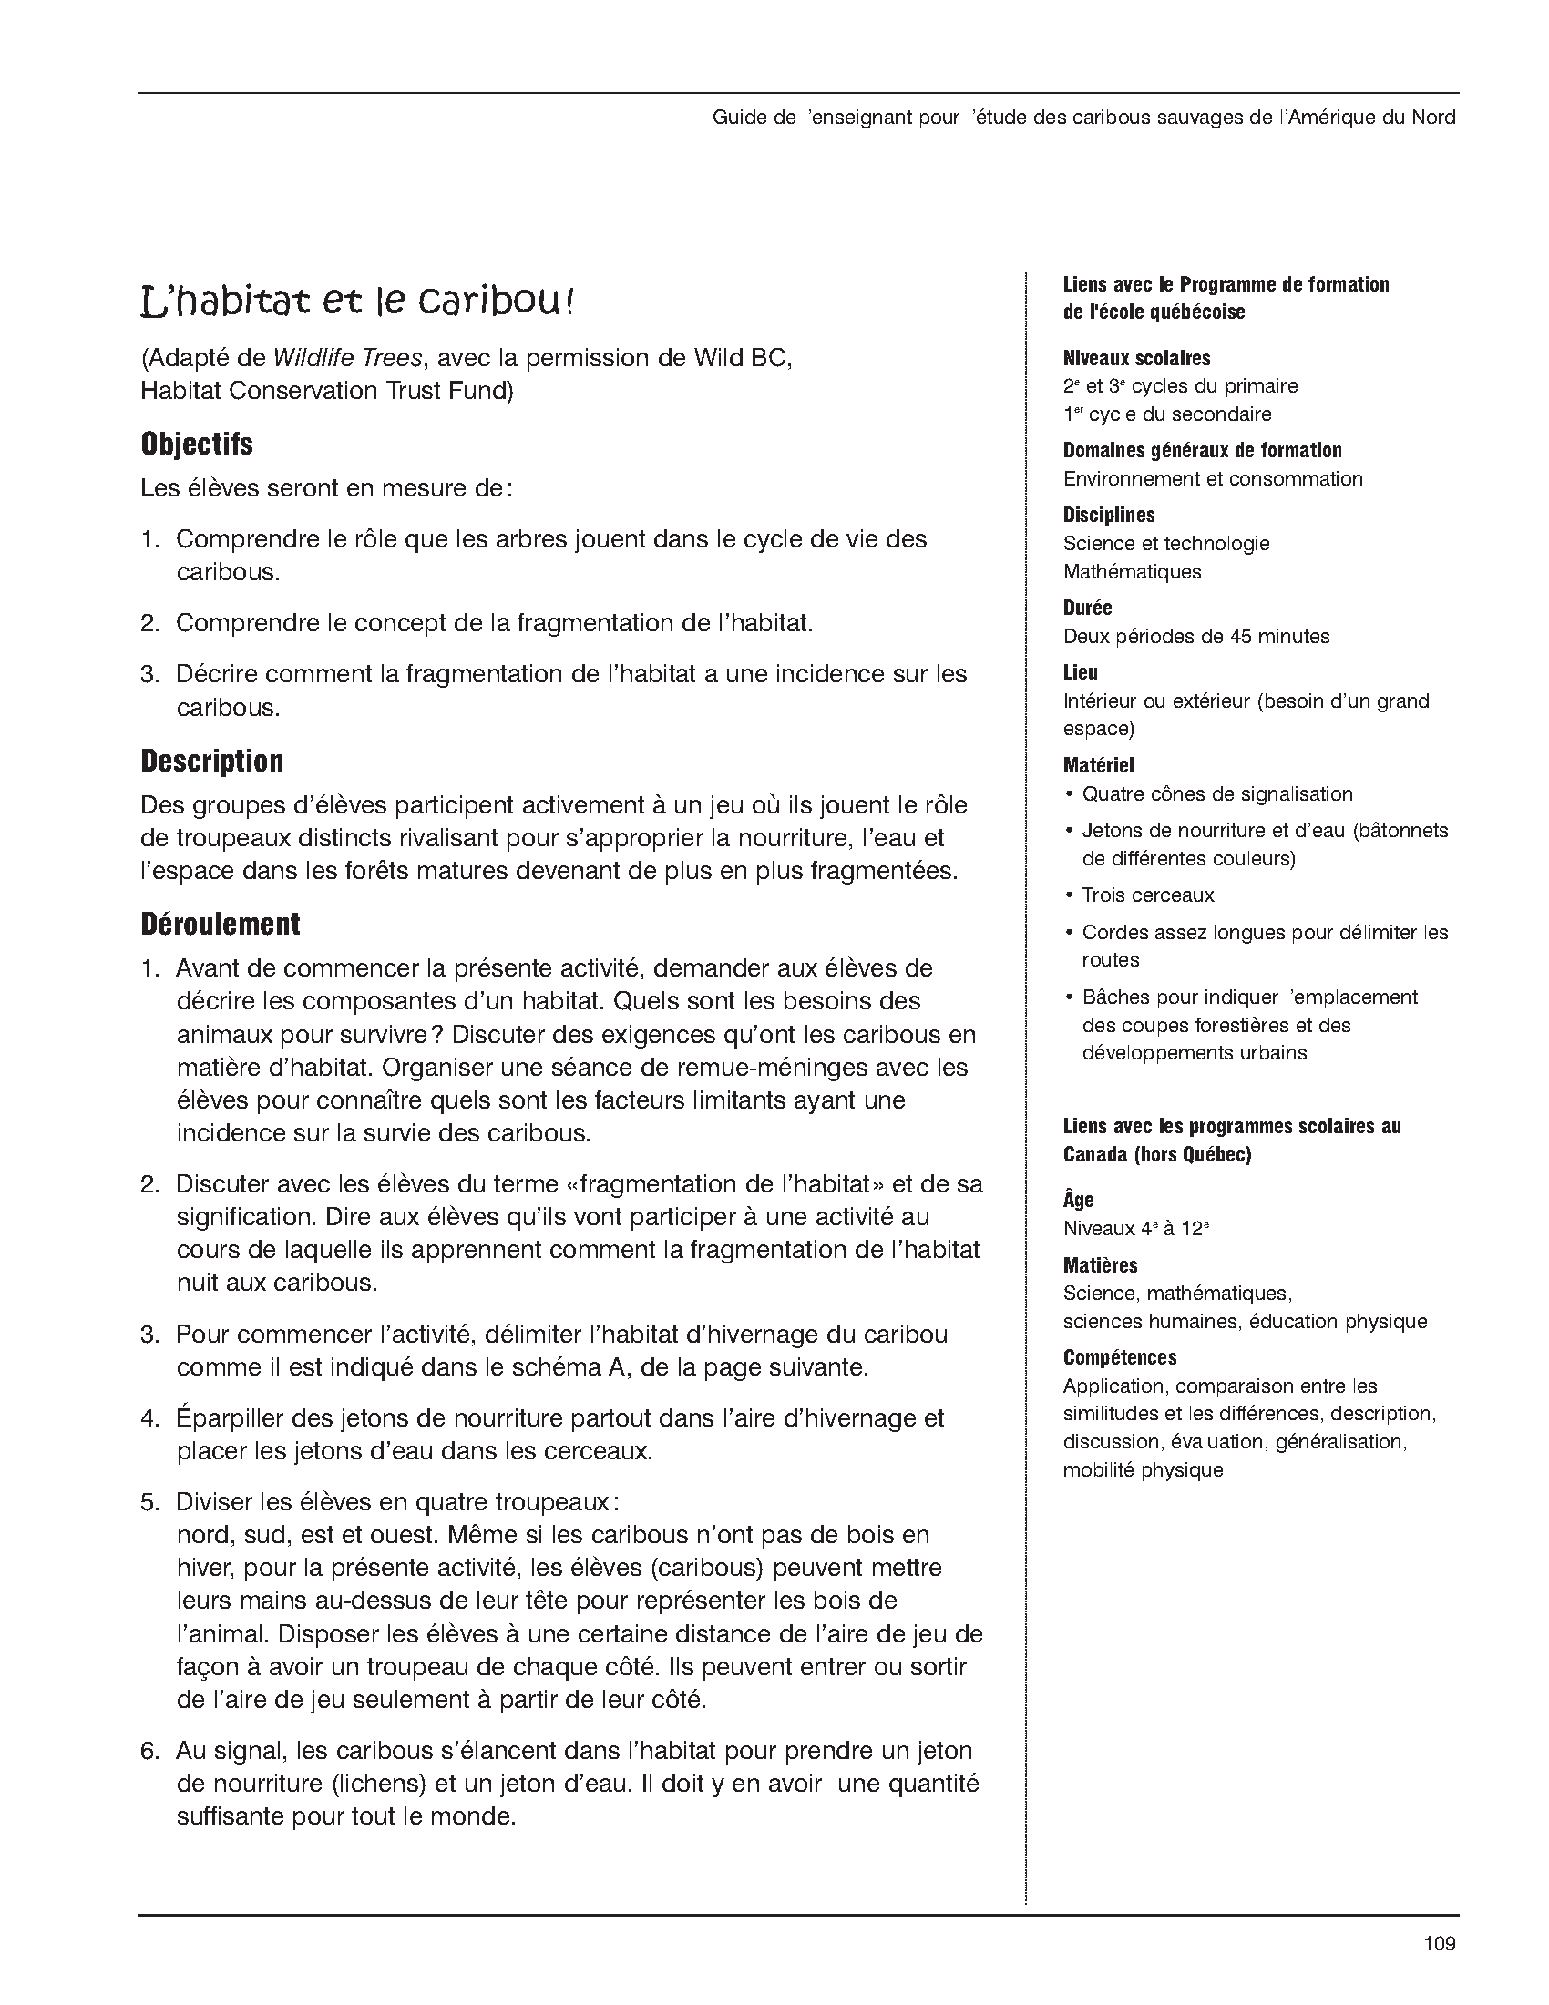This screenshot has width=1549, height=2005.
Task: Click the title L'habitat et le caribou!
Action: tap(357, 302)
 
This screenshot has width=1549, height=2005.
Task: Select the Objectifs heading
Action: tap(197, 445)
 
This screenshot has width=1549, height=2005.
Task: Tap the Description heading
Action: tap(212, 761)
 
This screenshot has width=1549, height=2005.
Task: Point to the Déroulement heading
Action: tap(221, 924)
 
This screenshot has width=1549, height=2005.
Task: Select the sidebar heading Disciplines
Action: tap(1108, 515)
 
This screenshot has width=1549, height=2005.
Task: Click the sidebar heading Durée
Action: tap(1087, 608)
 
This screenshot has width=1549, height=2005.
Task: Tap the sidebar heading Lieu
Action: tap(1080, 672)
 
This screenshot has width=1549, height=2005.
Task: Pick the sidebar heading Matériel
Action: tap(1098, 764)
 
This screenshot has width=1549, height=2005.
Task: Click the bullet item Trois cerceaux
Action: tap(1148, 895)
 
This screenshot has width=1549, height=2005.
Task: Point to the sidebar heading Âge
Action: tap(1078, 1200)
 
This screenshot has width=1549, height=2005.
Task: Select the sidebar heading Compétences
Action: tap(1119, 1357)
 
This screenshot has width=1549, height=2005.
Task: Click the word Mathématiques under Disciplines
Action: tap(1131, 571)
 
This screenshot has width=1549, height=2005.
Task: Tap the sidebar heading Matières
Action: tap(1100, 1265)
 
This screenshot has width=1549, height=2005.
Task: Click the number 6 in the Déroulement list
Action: tap(149, 1751)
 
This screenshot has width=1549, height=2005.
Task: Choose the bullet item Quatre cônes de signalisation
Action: tap(1216, 793)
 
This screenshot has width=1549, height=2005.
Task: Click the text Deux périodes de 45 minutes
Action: tap(1195, 636)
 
